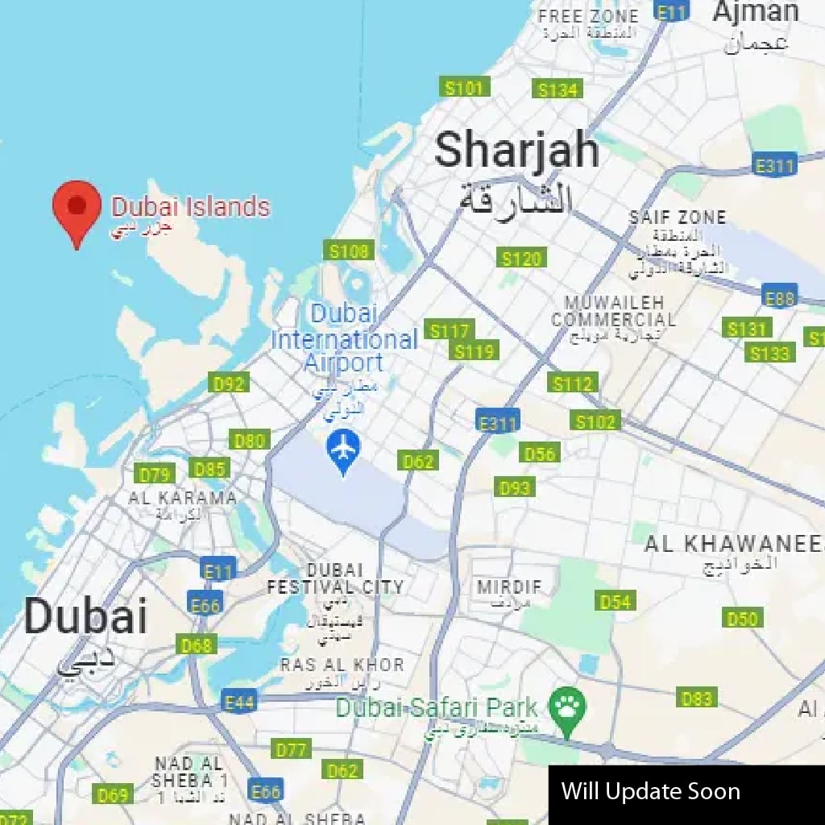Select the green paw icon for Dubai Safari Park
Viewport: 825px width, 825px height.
click(567, 709)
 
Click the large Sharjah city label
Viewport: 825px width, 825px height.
click(516, 151)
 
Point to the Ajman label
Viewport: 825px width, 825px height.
click(755, 12)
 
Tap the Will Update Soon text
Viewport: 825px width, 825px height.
click(650, 791)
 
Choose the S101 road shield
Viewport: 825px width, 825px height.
click(465, 88)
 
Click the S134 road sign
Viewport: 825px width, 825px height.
click(559, 89)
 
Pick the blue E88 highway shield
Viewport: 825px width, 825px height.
click(779, 298)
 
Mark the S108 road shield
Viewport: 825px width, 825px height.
click(349, 251)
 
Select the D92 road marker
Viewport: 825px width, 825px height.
click(229, 383)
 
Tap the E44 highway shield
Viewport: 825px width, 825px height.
click(239, 703)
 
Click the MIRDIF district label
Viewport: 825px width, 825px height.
click(509, 587)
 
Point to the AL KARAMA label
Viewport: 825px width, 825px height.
click(183, 498)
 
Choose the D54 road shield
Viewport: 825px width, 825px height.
click(616, 601)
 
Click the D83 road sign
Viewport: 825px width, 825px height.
click(696, 699)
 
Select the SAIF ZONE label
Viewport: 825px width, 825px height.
click(678, 217)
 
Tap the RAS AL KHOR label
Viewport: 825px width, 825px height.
click(342, 665)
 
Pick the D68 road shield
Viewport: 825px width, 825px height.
click(196, 645)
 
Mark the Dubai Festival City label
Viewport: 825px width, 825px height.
click(335, 578)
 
